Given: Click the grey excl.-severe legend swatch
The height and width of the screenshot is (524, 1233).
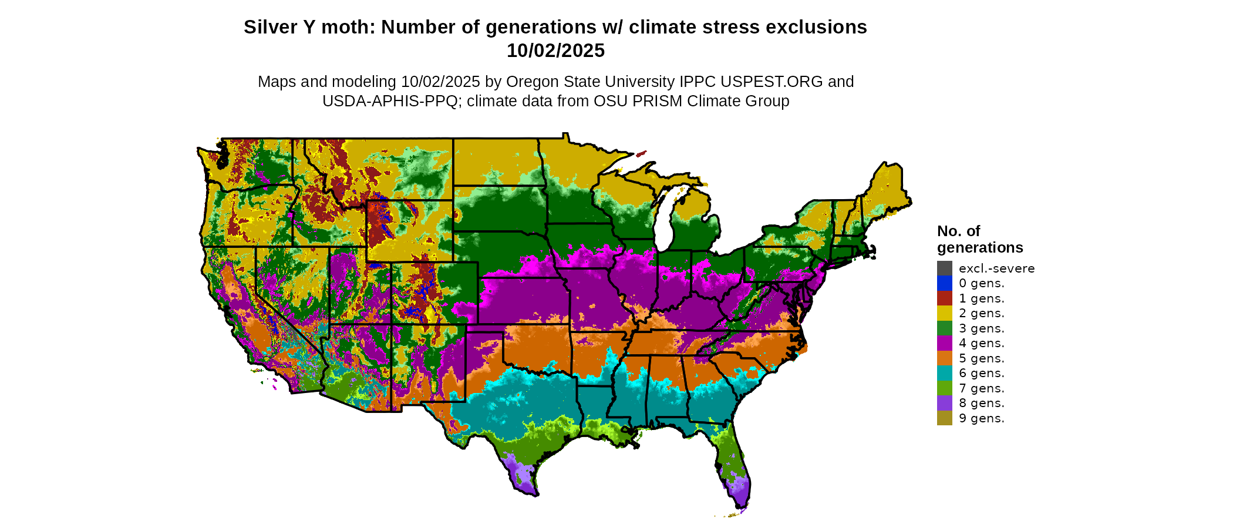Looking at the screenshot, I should pos(944,268).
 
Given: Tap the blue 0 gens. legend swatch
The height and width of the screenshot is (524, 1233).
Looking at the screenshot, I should pos(944,283).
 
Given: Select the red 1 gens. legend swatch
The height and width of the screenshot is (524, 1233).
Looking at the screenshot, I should pos(944,298).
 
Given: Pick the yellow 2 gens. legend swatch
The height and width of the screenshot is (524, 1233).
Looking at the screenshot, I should pos(944,313).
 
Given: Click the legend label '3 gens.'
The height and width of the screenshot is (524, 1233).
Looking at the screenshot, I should pos(981,328).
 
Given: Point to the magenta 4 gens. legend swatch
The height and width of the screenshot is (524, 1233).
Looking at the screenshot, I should pos(944,343).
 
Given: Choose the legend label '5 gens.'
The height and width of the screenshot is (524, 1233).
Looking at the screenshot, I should pos(981,358).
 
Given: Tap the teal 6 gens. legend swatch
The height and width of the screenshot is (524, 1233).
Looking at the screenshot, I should pos(944,373).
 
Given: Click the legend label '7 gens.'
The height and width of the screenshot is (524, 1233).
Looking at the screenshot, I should pos(981,388).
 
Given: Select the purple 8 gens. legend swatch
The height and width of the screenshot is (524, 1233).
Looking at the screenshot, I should pos(944,403).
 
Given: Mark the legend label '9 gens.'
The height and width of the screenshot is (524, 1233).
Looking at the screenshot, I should pos(981,418).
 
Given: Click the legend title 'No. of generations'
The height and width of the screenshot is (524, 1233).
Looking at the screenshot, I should pos(979,239).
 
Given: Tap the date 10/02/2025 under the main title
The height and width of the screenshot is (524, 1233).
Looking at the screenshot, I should pos(555,51).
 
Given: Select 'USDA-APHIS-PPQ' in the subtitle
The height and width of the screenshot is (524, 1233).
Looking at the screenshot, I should pos(390,101).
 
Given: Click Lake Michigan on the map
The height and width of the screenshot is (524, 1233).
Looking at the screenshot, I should pos(664,217).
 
